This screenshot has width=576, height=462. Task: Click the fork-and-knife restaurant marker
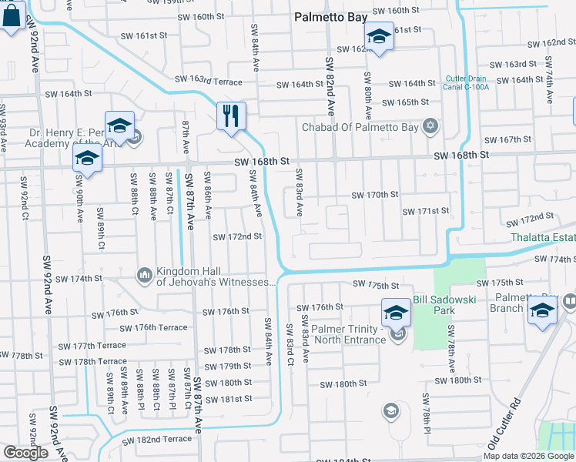(231, 117)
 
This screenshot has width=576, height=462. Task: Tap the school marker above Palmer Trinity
(396, 313)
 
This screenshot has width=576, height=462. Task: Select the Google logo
(25, 453)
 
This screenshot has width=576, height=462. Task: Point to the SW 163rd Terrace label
(208, 79)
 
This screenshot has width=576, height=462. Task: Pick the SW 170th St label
(374, 195)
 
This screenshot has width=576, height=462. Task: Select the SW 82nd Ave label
(330, 85)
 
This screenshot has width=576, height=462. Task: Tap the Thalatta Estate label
(543, 237)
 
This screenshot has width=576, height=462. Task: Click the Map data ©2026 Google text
(527, 456)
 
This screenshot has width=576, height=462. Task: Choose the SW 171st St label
(425, 211)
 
